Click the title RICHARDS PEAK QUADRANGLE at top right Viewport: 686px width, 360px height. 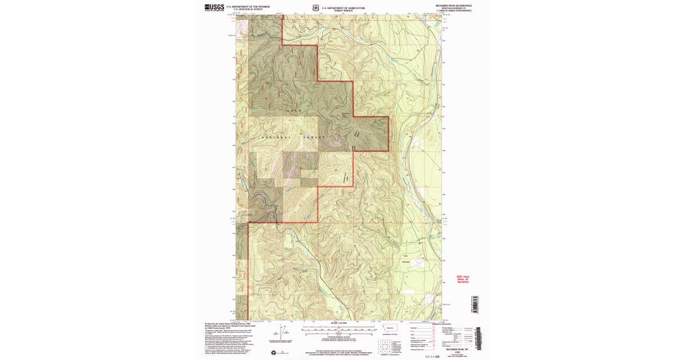(x=453, y=5)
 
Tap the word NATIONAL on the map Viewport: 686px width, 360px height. (x=277, y=138)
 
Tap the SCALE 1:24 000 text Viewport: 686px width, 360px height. (x=339, y=323)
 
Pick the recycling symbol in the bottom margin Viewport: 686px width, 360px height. (x=273, y=352)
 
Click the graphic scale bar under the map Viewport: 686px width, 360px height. (x=339, y=330)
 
